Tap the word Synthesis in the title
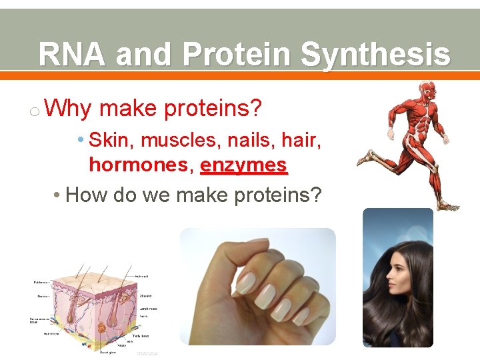coord(375,55)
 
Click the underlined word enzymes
coord(243,165)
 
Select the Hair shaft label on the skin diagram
coord(142,275)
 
